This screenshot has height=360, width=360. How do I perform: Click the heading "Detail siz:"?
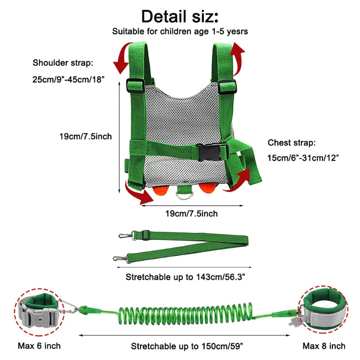pyautogui.click(x=180, y=17)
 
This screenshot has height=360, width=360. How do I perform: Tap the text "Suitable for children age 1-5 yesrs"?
pyautogui.click(x=180, y=31)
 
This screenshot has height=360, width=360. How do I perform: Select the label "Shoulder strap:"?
pyautogui.click(x=63, y=63)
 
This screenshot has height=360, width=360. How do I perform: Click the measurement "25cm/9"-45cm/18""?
pyautogui.click(x=68, y=80)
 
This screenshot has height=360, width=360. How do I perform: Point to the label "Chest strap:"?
pyautogui.click(x=292, y=143)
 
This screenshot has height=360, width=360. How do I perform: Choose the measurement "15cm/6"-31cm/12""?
pyautogui.click(x=303, y=158)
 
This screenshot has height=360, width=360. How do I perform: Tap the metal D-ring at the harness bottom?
pyautogui.click(x=184, y=195)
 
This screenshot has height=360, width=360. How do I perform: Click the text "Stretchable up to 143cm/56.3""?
pyautogui.click(x=185, y=277)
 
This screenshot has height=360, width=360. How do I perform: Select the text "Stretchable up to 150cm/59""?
pyautogui.click(x=187, y=346)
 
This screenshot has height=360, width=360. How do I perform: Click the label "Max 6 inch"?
pyautogui.click(x=39, y=346)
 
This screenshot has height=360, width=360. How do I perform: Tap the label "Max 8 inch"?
pyautogui.click(x=324, y=346)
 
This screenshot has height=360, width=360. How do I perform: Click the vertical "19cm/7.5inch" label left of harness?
pyautogui.click(x=85, y=136)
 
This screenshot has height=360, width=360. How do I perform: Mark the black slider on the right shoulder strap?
pyautogui.click(x=227, y=86)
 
